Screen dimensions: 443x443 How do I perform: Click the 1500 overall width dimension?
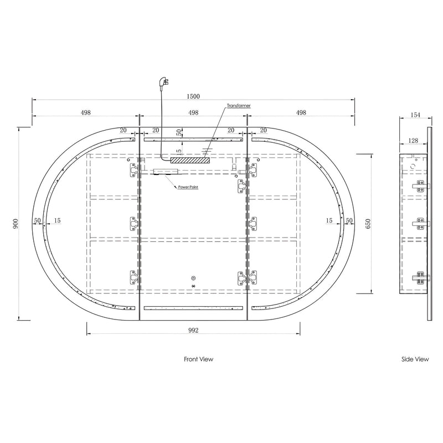point(193,96)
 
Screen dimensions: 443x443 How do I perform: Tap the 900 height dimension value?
point(16,224)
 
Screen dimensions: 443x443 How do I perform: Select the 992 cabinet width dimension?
point(193,330)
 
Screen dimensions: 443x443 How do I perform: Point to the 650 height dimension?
point(368,224)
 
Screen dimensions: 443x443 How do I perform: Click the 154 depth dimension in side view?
point(415,115)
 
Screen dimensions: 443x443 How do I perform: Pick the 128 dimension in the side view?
point(413,141)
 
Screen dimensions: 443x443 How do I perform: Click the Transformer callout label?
point(239,106)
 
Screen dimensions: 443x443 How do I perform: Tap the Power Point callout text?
point(188,187)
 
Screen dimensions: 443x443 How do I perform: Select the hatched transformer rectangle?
point(190,160)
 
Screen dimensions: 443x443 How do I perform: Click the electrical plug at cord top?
point(163,84)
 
